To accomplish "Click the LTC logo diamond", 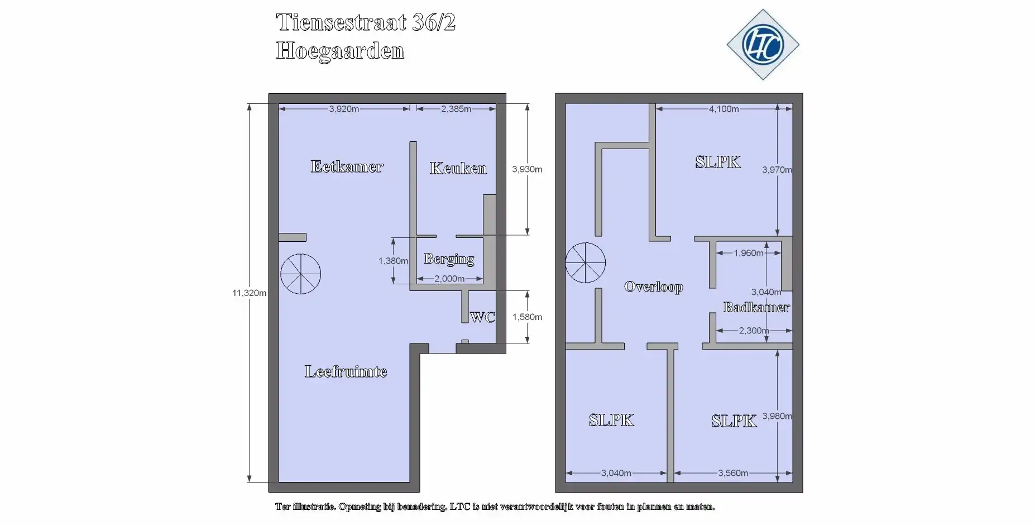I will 763,45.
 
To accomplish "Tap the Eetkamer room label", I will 347,166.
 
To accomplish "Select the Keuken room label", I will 458,168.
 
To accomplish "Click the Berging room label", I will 449,259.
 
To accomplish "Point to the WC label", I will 482,317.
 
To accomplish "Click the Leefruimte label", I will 346,371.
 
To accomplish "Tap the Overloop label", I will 653,287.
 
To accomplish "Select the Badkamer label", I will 756,307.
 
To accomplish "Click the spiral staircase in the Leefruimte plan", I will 300,274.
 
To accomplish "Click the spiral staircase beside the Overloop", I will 585,262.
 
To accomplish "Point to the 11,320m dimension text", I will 249,293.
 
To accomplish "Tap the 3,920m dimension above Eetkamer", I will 344,109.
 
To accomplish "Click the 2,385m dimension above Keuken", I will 456,109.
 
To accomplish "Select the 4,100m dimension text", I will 723,109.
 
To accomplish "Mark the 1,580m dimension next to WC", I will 527,317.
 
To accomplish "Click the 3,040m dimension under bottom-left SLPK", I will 616,473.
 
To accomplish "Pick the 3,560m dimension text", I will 732,473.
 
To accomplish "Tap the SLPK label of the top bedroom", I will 718,162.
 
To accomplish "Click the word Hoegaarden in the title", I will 340,51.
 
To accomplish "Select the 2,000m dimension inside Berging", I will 449,279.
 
